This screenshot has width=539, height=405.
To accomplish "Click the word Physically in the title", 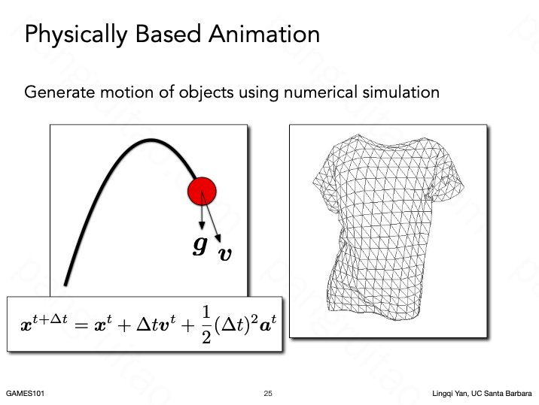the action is click(x=76, y=35).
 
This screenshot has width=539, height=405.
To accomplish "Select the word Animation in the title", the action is click(x=264, y=34).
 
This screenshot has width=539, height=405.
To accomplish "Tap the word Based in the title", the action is click(x=168, y=34).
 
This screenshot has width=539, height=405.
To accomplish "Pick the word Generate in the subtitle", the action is click(x=59, y=92).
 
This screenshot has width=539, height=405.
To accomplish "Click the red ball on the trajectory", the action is click(x=202, y=191).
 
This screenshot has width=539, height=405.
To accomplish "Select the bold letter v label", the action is click(x=225, y=254).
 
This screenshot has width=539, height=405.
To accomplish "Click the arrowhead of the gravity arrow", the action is click(x=202, y=225).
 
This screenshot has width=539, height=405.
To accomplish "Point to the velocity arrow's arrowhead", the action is click(x=218, y=238).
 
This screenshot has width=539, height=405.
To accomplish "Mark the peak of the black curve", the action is click(x=151, y=140).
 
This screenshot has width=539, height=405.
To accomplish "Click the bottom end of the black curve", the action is click(x=65, y=284).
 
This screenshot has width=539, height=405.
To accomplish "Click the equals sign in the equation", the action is click(x=81, y=325).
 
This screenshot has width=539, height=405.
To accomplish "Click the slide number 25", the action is click(x=268, y=393).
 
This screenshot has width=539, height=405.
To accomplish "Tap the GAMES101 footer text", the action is click(x=25, y=393).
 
